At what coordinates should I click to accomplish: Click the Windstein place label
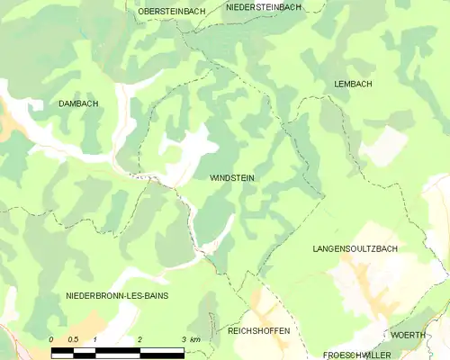point(231,178)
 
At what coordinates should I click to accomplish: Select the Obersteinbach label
point(171,11)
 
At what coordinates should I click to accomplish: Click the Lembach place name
point(353,83)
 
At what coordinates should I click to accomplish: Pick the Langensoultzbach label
point(355,247)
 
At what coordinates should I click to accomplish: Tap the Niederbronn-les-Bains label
point(117,295)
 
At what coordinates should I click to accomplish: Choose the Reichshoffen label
point(258,331)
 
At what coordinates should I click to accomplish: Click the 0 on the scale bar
point(51,339)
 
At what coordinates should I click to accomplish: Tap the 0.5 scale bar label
point(73,339)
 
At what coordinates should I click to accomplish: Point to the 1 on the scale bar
point(95,339)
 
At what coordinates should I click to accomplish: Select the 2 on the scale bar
point(139,339)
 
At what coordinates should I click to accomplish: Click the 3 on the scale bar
point(183,339)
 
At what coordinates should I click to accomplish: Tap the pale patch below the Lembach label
point(385,144)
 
